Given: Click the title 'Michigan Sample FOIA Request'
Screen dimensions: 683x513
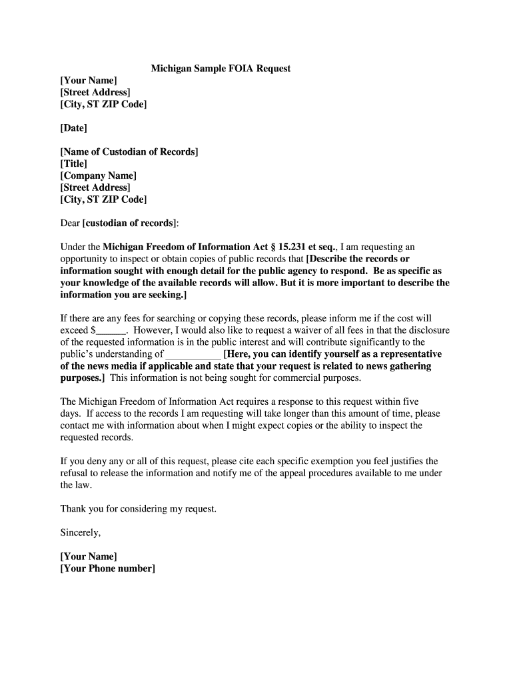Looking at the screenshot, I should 221,69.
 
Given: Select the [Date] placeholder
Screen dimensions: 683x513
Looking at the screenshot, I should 74,127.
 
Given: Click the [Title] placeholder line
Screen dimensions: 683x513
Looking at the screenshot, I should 74,163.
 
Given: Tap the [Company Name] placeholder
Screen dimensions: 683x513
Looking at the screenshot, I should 99,175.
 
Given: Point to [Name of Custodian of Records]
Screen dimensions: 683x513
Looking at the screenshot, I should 129,151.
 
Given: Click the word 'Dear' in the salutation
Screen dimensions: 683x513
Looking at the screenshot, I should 70,223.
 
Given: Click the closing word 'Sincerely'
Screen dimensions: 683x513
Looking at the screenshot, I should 80,532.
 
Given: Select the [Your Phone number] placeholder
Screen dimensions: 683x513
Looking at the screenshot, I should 107,568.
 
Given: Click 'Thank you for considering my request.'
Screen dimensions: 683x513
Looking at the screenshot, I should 139,508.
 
